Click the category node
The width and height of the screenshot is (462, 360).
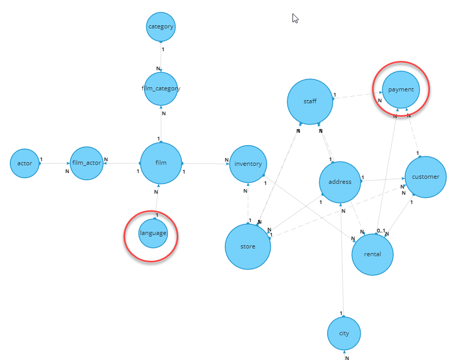[161, 26]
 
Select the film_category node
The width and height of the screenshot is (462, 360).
[161, 89]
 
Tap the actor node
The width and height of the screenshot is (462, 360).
[25, 163]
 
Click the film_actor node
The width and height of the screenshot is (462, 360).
[87, 163]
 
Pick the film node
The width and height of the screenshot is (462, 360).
[161, 163]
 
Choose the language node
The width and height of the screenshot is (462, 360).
[153, 233]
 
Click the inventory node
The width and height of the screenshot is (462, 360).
[248, 164]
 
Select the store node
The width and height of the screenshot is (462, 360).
[248, 246]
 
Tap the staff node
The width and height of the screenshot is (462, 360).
[310, 102]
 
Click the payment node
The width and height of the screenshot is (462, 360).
[401, 90]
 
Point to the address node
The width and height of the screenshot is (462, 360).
[340, 182]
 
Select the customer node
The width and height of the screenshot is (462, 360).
[425, 177]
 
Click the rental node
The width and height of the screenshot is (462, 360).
[373, 254]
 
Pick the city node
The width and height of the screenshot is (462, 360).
[344, 333]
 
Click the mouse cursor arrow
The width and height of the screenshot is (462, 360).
[295, 18]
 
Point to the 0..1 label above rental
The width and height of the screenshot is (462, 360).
[380, 230]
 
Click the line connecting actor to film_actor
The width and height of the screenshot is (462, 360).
[55, 163]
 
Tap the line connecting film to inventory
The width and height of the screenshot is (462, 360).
[206, 164]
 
